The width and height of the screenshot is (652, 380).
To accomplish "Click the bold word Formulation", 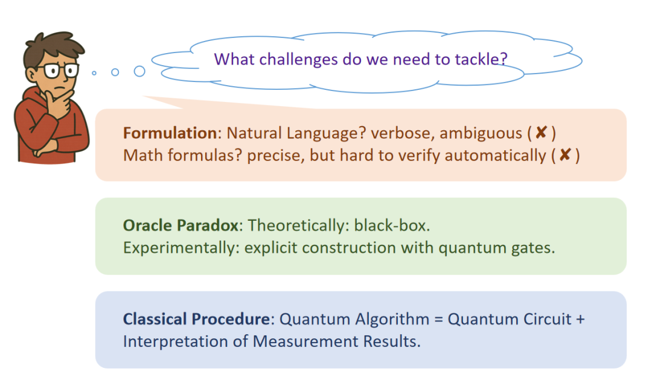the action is (x=170, y=133).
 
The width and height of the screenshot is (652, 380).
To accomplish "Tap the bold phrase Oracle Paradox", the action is (x=182, y=226).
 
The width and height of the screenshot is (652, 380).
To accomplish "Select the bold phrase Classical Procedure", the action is (x=196, y=319).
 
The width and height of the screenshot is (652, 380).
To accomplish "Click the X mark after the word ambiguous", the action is (x=541, y=133).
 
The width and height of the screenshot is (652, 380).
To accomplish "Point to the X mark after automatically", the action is (x=565, y=155).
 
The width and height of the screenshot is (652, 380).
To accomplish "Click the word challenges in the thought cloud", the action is (x=298, y=59).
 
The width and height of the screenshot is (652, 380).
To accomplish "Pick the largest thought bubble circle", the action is (x=139, y=71).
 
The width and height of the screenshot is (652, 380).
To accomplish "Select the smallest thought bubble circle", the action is (x=94, y=73).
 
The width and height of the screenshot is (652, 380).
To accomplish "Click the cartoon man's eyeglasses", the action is (x=57, y=71).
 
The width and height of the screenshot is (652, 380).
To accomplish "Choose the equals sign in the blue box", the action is (x=438, y=320).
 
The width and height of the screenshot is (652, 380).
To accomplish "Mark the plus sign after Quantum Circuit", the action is (x=580, y=320).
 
